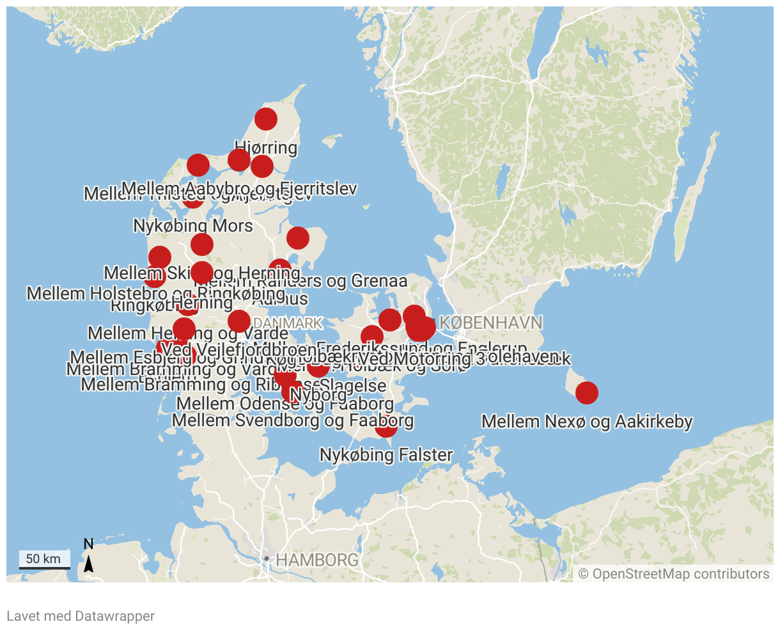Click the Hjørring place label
pyautogui.click(x=266, y=148)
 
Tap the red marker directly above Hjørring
pyautogui.click(x=265, y=118)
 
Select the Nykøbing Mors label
pyautogui.click(x=193, y=226)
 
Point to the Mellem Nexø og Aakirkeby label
pyautogui.click(x=587, y=422)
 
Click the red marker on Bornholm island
pyautogui.click(x=587, y=392)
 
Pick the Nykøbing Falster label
pyautogui.click(x=386, y=455)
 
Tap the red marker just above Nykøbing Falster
pyautogui.click(x=386, y=426)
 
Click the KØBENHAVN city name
pyautogui.click(x=491, y=323)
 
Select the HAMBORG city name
pyautogui.click(x=317, y=560)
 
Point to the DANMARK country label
pyautogui.click(x=288, y=323)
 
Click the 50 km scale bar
pyautogui.click(x=43, y=560)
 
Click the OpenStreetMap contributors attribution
pyautogui.click(x=674, y=573)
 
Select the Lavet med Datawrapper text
pyautogui.click(x=81, y=616)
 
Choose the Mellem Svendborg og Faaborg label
pyautogui.click(x=293, y=420)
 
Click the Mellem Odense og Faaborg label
pyautogui.click(x=285, y=404)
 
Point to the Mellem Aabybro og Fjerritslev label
pyautogui.click(x=238, y=188)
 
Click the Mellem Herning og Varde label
pyautogui.click(x=188, y=333)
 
